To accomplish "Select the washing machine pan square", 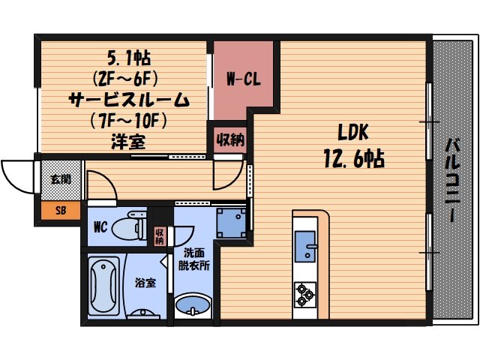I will coord(231,222).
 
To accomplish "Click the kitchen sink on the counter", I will coord(305,247).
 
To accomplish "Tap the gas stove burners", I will coord(304,294).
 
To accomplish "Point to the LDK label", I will coord(352,133).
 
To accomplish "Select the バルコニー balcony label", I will coord(454,180).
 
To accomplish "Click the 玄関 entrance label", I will coord(60,179).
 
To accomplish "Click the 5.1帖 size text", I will coord(123,57).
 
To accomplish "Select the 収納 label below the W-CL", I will coord(229,139).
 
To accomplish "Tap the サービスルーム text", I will coord(128,98).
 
